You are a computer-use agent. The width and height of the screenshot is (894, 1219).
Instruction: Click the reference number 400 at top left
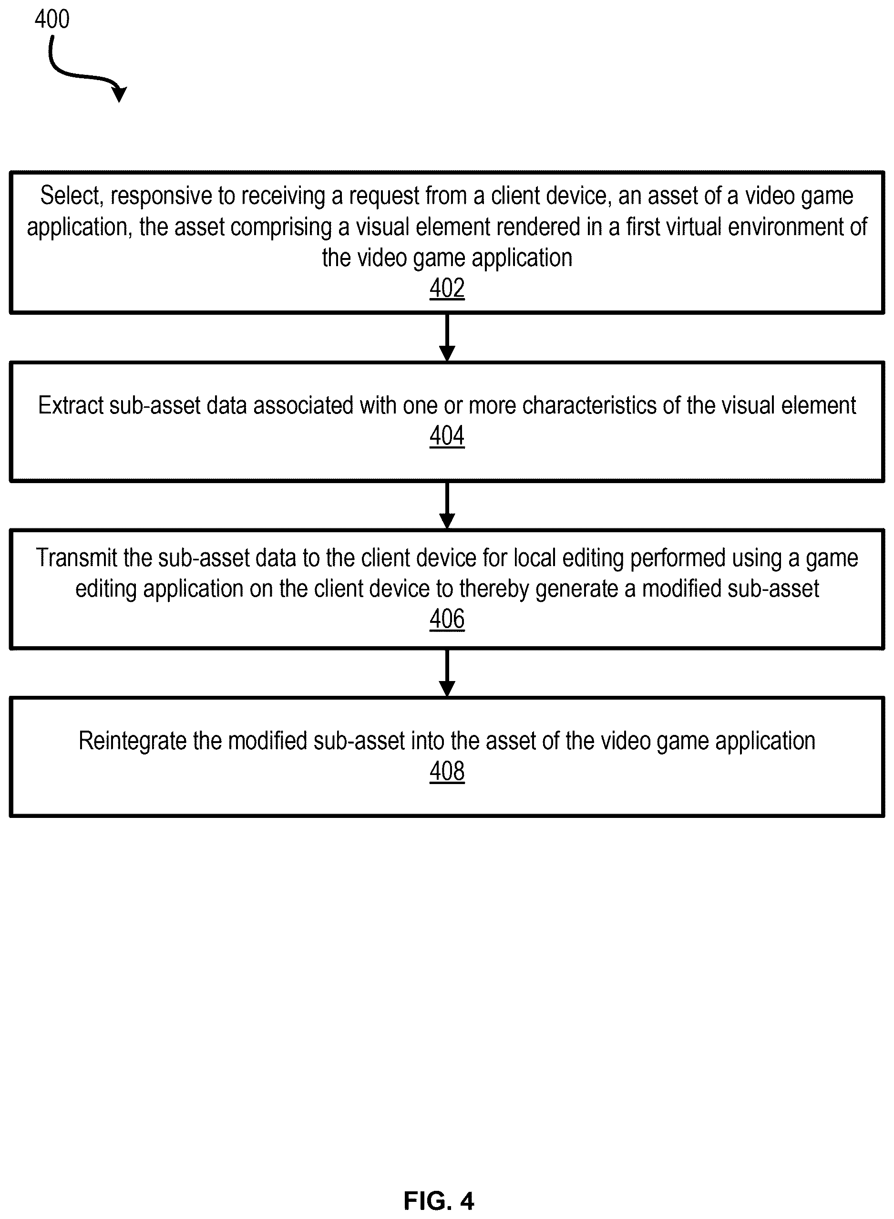(52, 19)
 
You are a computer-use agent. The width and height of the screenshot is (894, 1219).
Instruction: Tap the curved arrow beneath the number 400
(81, 76)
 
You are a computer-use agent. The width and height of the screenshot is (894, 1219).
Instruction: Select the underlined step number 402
(447, 288)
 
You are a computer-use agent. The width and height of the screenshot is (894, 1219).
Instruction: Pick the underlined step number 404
(447, 435)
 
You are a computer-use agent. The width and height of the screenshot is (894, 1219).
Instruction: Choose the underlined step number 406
(447, 618)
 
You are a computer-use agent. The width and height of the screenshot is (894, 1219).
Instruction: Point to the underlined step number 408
(447, 771)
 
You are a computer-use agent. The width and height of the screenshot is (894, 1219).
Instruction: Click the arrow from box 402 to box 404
(447, 337)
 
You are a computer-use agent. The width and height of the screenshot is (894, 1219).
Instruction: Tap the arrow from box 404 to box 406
(447, 505)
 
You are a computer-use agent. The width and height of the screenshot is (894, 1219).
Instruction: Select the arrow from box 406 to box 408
(447, 673)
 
